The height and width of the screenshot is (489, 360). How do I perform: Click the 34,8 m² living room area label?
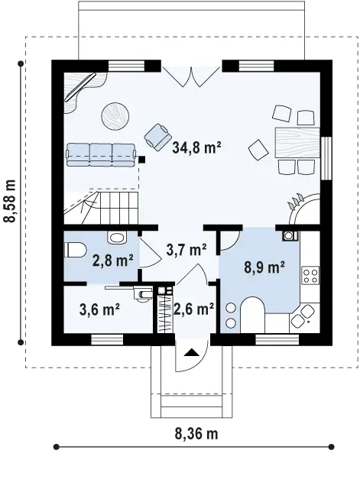tap(196, 147)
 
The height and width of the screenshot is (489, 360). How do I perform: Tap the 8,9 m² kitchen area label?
tap(264, 267)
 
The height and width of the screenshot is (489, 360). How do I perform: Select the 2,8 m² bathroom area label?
tap(113, 261)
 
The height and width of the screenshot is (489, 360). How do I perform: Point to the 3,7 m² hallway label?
tap(186, 250)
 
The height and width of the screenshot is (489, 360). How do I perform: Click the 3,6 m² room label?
tap(99, 309)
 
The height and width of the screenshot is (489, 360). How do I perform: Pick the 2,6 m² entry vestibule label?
tap(194, 309)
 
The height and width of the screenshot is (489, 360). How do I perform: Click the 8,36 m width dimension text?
tap(196, 433)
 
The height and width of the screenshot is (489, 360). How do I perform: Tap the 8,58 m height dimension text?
tap(9, 201)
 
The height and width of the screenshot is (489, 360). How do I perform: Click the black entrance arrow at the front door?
tap(191, 352)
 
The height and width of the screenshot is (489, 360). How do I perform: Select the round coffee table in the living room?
tap(115, 115)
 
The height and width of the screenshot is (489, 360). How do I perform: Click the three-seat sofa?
tap(101, 154)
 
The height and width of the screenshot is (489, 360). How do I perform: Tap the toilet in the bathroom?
tap(75, 250)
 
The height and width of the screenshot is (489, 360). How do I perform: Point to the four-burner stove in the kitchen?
tap(310, 275)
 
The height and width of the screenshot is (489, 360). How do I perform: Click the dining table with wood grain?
tap(297, 143)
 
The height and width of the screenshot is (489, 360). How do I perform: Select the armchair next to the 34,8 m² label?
tap(158, 137)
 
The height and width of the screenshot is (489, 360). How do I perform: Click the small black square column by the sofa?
tap(141, 160)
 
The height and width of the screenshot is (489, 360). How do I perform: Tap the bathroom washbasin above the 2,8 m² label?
tap(117, 238)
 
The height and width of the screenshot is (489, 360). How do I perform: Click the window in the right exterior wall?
tap(326, 158)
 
